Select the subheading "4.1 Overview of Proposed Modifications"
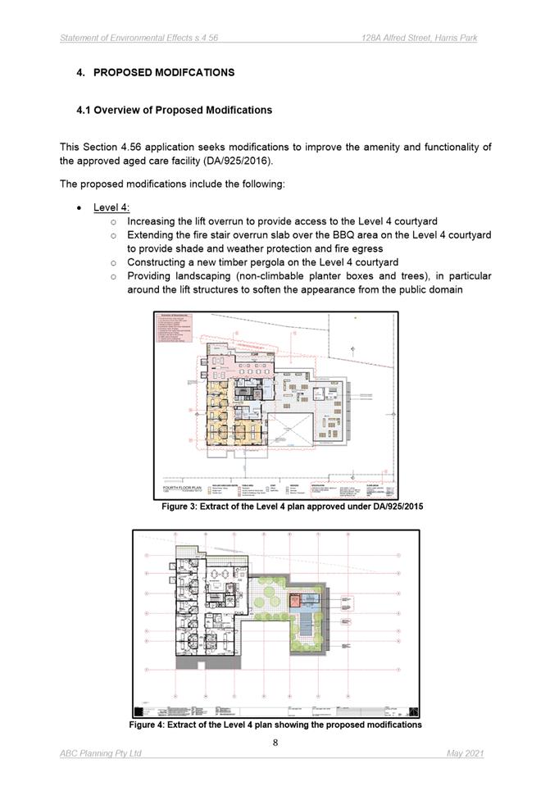point(174,110)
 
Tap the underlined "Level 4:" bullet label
point(111,207)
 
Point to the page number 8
point(275,743)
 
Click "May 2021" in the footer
point(465,753)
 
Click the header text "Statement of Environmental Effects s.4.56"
point(139,38)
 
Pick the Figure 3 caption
point(293,507)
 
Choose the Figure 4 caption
point(275,725)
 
